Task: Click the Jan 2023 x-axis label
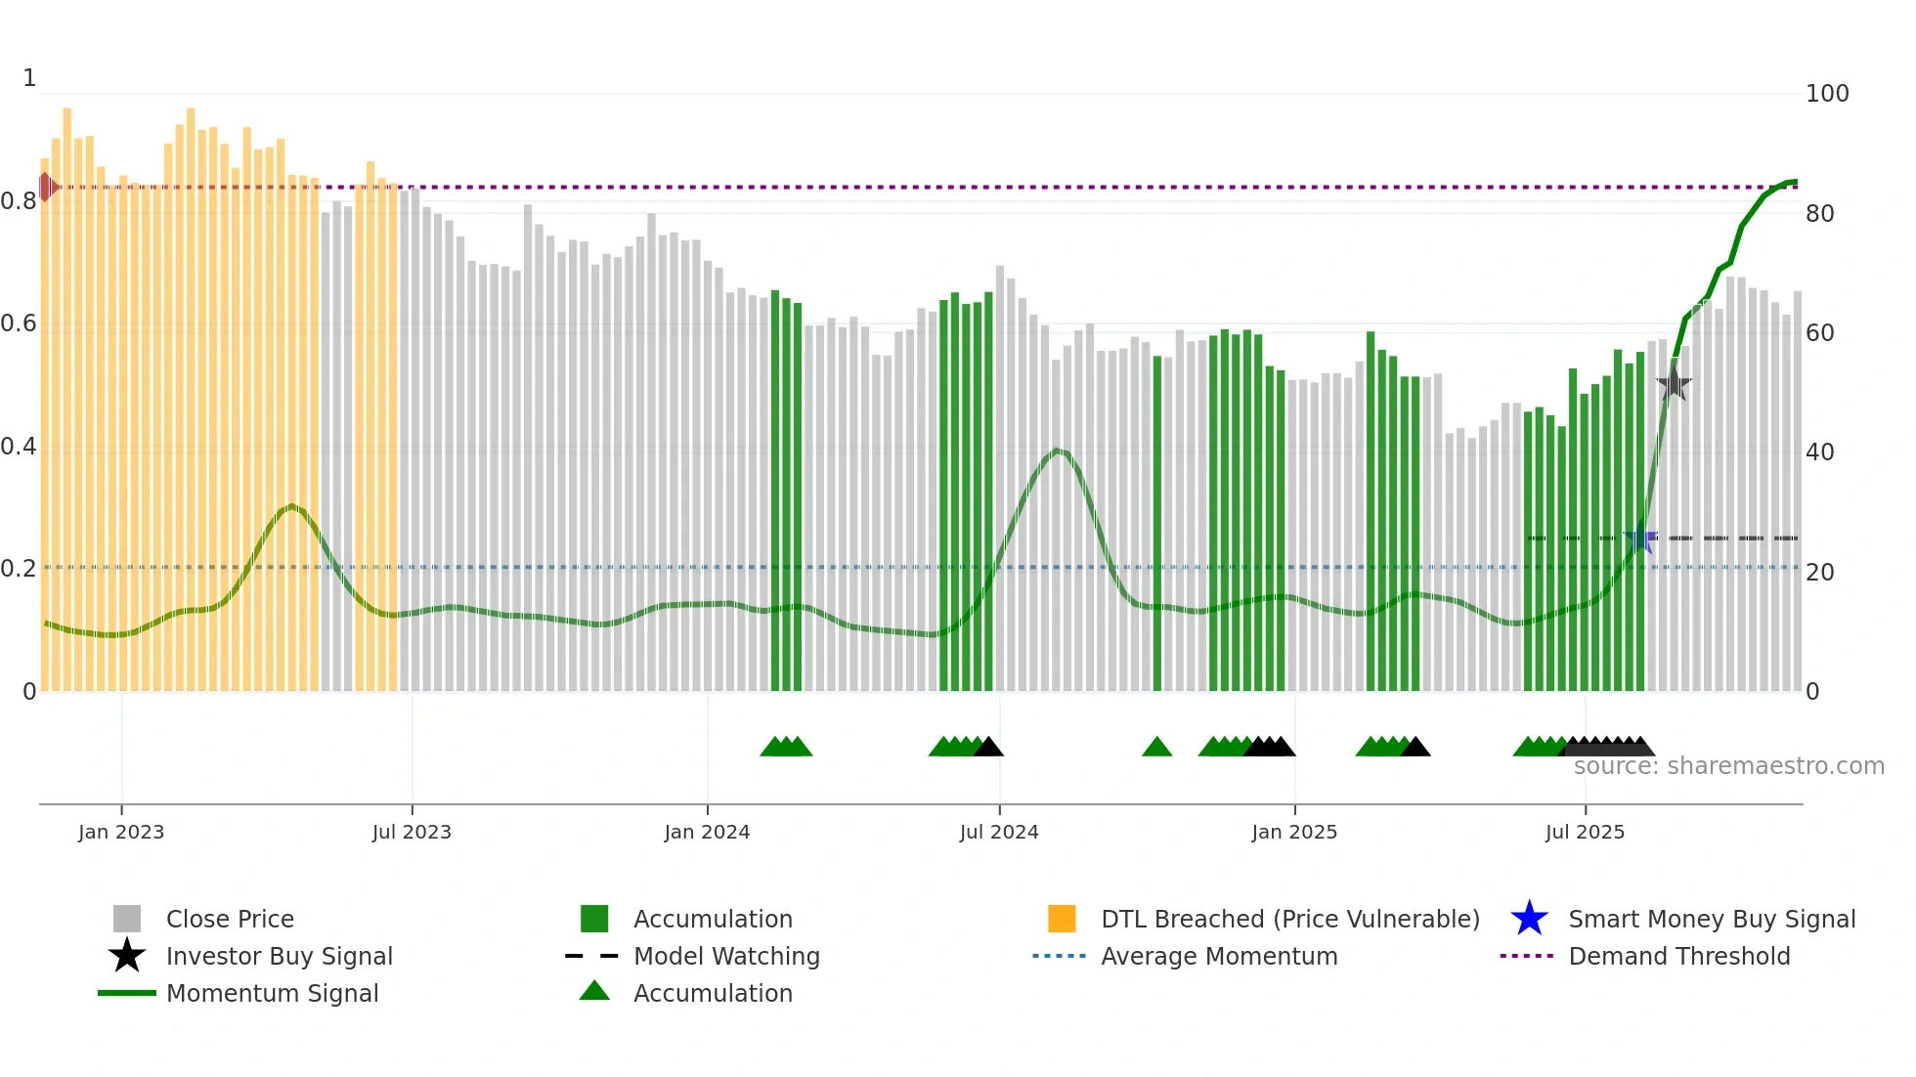click(x=121, y=832)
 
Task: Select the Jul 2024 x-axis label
click(x=999, y=832)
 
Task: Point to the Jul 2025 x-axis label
click(x=1585, y=832)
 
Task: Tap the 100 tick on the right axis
click(x=1827, y=94)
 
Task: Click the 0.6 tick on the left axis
click(x=19, y=323)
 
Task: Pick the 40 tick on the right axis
click(x=1820, y=452)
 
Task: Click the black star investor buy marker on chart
click(x=1674, y=384)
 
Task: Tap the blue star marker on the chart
click(x=1640, y=538)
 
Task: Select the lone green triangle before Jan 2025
click(x=1156, y=748)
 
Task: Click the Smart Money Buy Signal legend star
click(x=1529, y=919)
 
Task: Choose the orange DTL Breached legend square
click(x=1062, y=919)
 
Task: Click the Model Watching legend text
click(x=726, y=956)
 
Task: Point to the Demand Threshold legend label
click(x=1678, y=956)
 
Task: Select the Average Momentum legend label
click(x=1219, y=956)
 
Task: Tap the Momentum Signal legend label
click(x=272, y=993)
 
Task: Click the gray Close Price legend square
click(x=127, y=919)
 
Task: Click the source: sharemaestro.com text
click(x=1728, y=766)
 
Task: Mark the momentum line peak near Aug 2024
click(x=1058, y=451)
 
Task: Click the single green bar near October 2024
click(x=1157, y=523)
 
